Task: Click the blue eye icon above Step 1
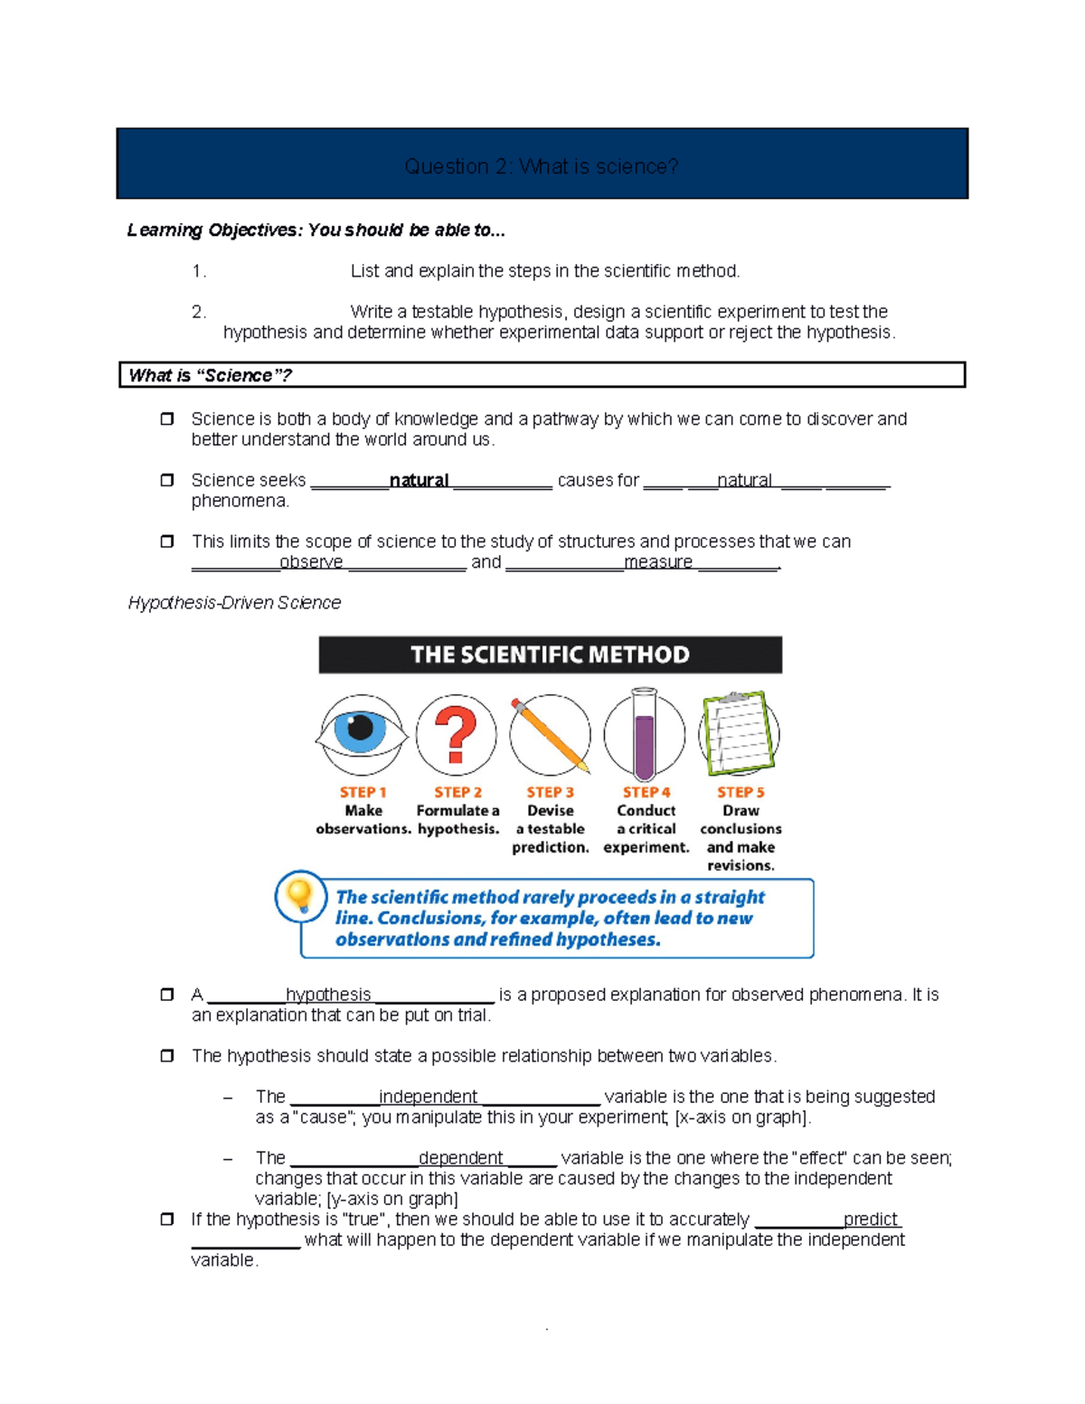tap(362, 733)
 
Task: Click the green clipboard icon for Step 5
tap(739, 733)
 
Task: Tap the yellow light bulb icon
tap(298, 897)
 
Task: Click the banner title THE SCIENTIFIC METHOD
tap(550, 655)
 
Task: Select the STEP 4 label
tap(646, 792)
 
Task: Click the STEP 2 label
tap(458, 792)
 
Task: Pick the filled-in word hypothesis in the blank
tap(328, 994)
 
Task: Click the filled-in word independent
tap(428, 1097)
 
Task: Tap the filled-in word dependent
tap(460, 1158)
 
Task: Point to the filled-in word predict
tap(870, 1219)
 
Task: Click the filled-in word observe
tap(311, 562)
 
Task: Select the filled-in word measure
tap(658, 562)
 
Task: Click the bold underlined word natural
tap(419, 480)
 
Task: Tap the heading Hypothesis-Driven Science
tap(234, 603)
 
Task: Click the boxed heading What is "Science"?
tap(210, 375)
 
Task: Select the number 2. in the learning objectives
tap(199, 312)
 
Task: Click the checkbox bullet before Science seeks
tap(167, 480)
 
